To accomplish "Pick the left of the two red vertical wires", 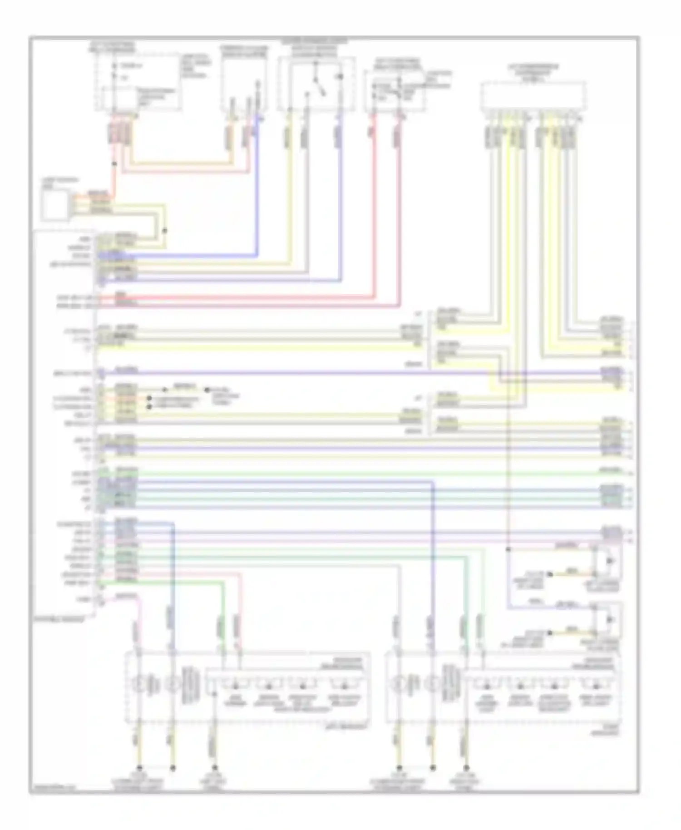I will pos(375,204).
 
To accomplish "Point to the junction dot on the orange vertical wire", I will pos(114,163).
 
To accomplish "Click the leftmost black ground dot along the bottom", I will pos(139,768).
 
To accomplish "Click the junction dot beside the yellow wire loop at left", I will pos(165,231).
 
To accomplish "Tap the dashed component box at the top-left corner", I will pos(136,82).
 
